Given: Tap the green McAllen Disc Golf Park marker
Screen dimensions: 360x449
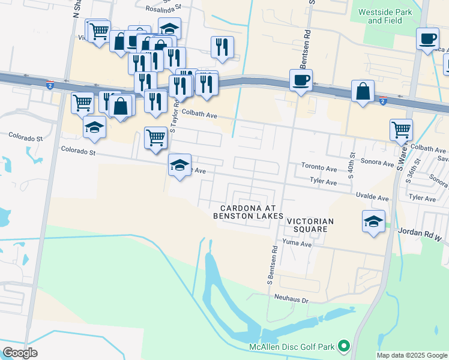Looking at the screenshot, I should click(x=344, y=346).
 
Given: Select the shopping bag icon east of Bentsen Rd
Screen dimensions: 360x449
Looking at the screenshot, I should click(x=363, y=92).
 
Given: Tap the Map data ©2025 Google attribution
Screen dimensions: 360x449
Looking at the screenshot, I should click(x=411, y=355).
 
